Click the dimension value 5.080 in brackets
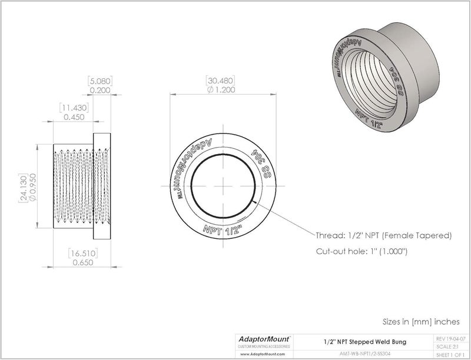99,81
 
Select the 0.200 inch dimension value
99,90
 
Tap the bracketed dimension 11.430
73,108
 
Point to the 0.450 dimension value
73,117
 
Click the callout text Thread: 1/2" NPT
384,236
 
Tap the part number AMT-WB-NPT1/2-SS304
363,354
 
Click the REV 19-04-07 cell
450,338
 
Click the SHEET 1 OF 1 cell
450,354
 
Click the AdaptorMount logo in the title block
261,339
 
